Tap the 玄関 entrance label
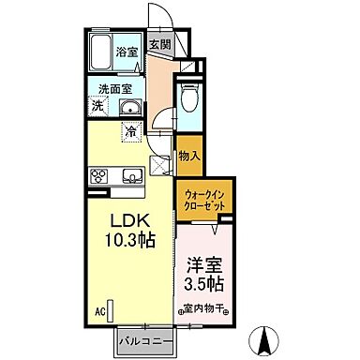click(160, 45)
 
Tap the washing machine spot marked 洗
click(97, 107)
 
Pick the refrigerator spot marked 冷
click(131, 131)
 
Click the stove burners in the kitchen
click(100, 175)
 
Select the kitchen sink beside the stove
click(129, 175)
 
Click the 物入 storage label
click(187, 157)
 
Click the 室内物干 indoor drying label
click(202, 307)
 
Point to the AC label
click(98, 307)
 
